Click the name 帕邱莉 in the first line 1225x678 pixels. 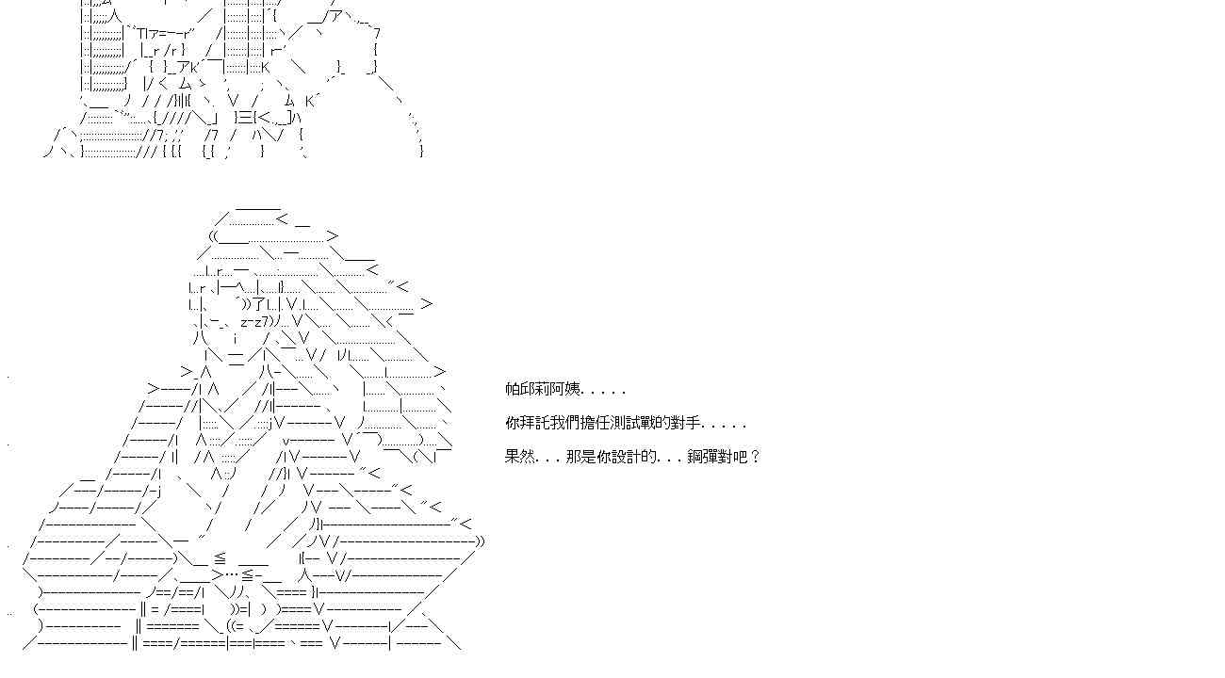tap(528, 389)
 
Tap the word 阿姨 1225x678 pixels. tap(566, 389)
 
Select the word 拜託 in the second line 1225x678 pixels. tap(535, 423)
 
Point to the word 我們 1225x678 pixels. tap(566, 423)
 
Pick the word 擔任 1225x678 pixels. tap(596, 423)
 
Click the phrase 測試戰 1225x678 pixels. tap(634, 423)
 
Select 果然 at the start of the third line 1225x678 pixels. tap(520, 457)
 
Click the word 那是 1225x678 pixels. tap(581, 457)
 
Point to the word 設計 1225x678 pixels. tap(627, 457)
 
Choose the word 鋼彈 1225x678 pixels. tap(702, 457)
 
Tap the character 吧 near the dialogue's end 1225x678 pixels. tap(740, 457)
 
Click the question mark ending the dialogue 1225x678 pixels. tap(755, 457)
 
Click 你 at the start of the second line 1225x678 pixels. tap(513, 423)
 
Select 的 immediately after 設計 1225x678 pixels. tap(649, 457)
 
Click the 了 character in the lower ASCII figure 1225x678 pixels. tap(259, 303)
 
